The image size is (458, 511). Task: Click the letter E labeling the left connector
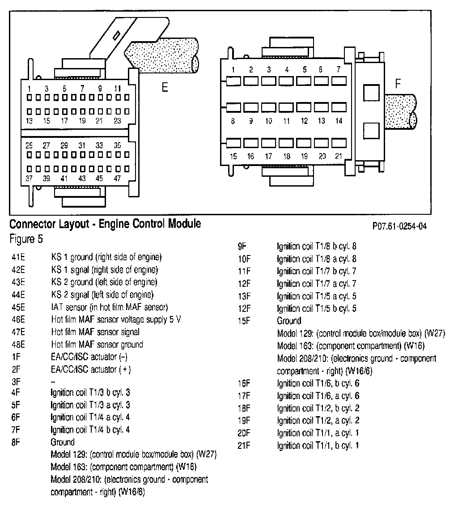coord(165,87)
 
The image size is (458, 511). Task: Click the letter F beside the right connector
coord(399,84)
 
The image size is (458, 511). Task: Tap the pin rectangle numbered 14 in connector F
coord(339,107)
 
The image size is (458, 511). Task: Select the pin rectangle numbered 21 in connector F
coord(339,143)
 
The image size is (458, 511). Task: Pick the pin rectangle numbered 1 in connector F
coord(233,81)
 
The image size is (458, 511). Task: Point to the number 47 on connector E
coord(117,178)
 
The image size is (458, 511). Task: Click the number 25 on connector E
coord(29,145)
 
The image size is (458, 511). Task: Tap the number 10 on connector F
coord(268,121)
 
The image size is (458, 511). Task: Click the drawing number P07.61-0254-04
coord(399,226)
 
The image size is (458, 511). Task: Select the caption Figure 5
coord(26,239)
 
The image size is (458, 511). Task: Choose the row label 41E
coord(19,257)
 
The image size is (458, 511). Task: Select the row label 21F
coord(245,446)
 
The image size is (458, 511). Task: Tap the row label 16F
coord(245,383)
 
